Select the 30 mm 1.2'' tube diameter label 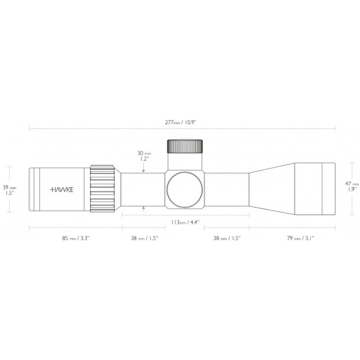[143, 156]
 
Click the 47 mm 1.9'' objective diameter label [352, 187]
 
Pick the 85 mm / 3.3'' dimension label [75, 238]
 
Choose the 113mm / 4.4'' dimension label [185, 222]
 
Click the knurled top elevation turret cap [185, 146]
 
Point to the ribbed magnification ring [102, 188]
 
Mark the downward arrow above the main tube [143, 170]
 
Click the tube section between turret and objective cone [226, 188]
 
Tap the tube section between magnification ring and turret [143, 188]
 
